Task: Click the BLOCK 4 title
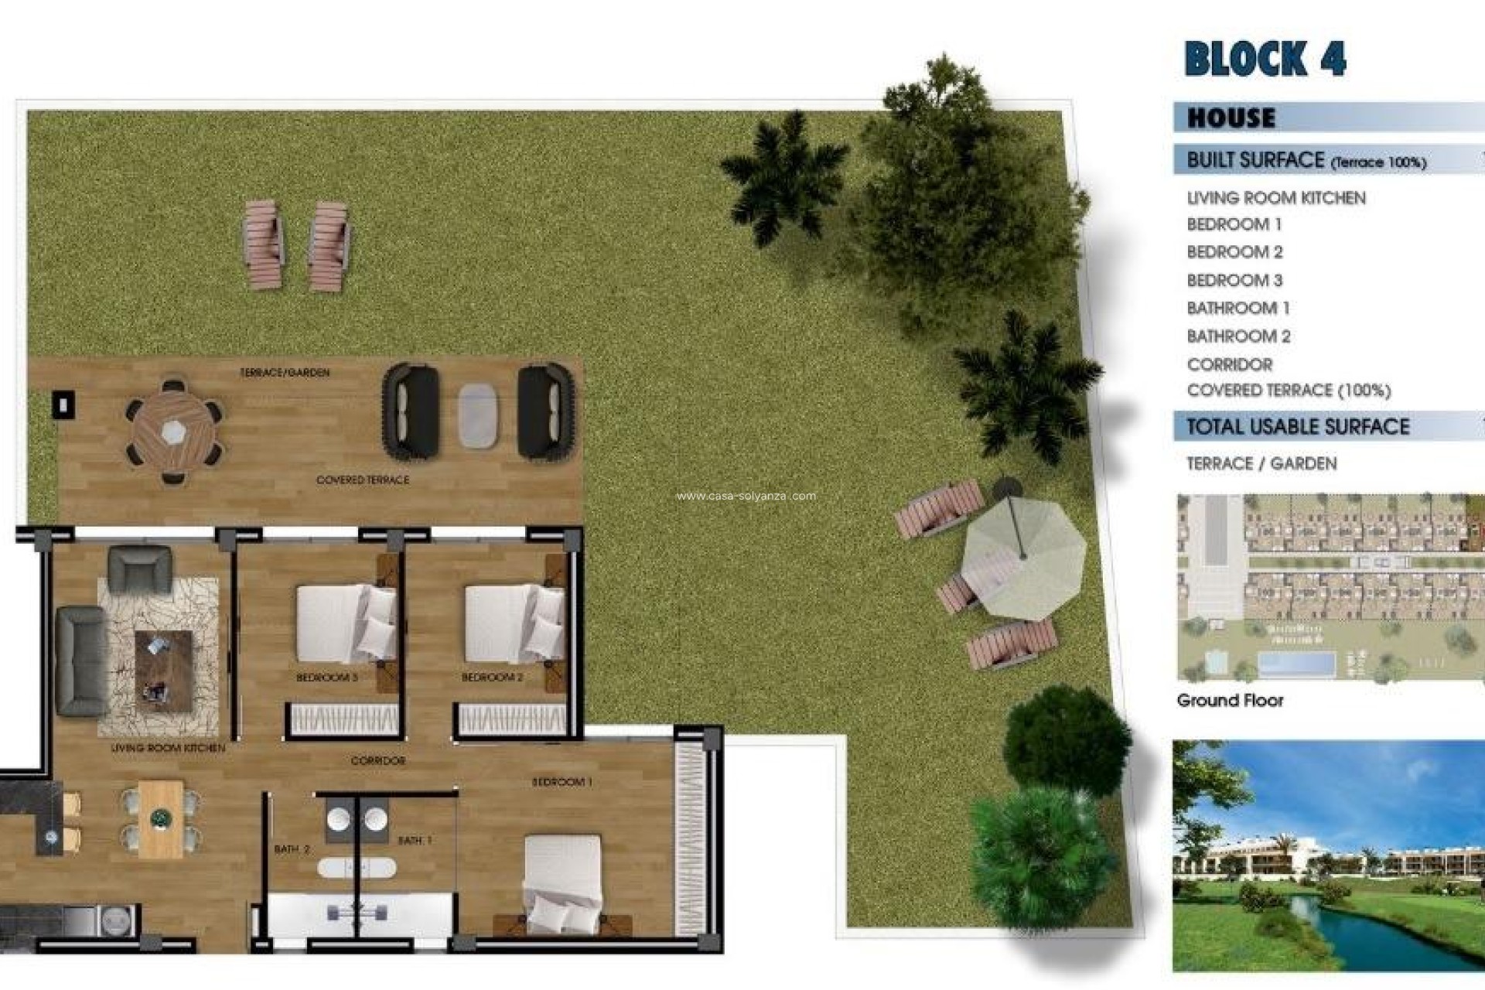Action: pyautogui.click(x=1265, y=59)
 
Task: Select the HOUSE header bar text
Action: pyautogui.click(x=1231, y=118)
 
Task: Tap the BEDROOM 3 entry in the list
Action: pyautogui.click(x=1234, y=280)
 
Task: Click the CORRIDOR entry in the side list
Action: pyautogui.click(x=1230, y=364)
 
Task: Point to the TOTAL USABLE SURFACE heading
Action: pyautogui.click(x=1298, y=426)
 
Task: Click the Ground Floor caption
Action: pyautogui.click(x=1230, y=701)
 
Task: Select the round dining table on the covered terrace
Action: pyautogui.click(x=173, y=432)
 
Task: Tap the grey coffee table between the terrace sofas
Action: pyautogui.click(x=477, y=415)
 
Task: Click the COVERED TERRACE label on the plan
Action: pyautogui.click(x=363, y=480)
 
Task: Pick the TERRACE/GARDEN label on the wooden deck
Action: pyautogui.click(x=285, y=373)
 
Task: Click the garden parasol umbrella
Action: pyautogui.click(x=1022, y=555)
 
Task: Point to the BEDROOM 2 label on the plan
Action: pyautogui.click(x=492, y=678)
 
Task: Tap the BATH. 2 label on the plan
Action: pyautogui.click(x=292, y=849)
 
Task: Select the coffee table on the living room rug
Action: pyautogui.click(x=163, y=670)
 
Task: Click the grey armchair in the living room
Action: pyautogui.click(x=139, y=569)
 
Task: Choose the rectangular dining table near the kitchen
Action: pyautogui.click(x=161, y=818)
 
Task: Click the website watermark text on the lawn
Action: pyautogui.click(x=746, y=497)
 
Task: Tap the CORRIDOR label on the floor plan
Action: pyautogui.click(x=377, y=761)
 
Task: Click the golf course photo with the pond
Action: pyautogui.click(x=1327, y=855)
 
